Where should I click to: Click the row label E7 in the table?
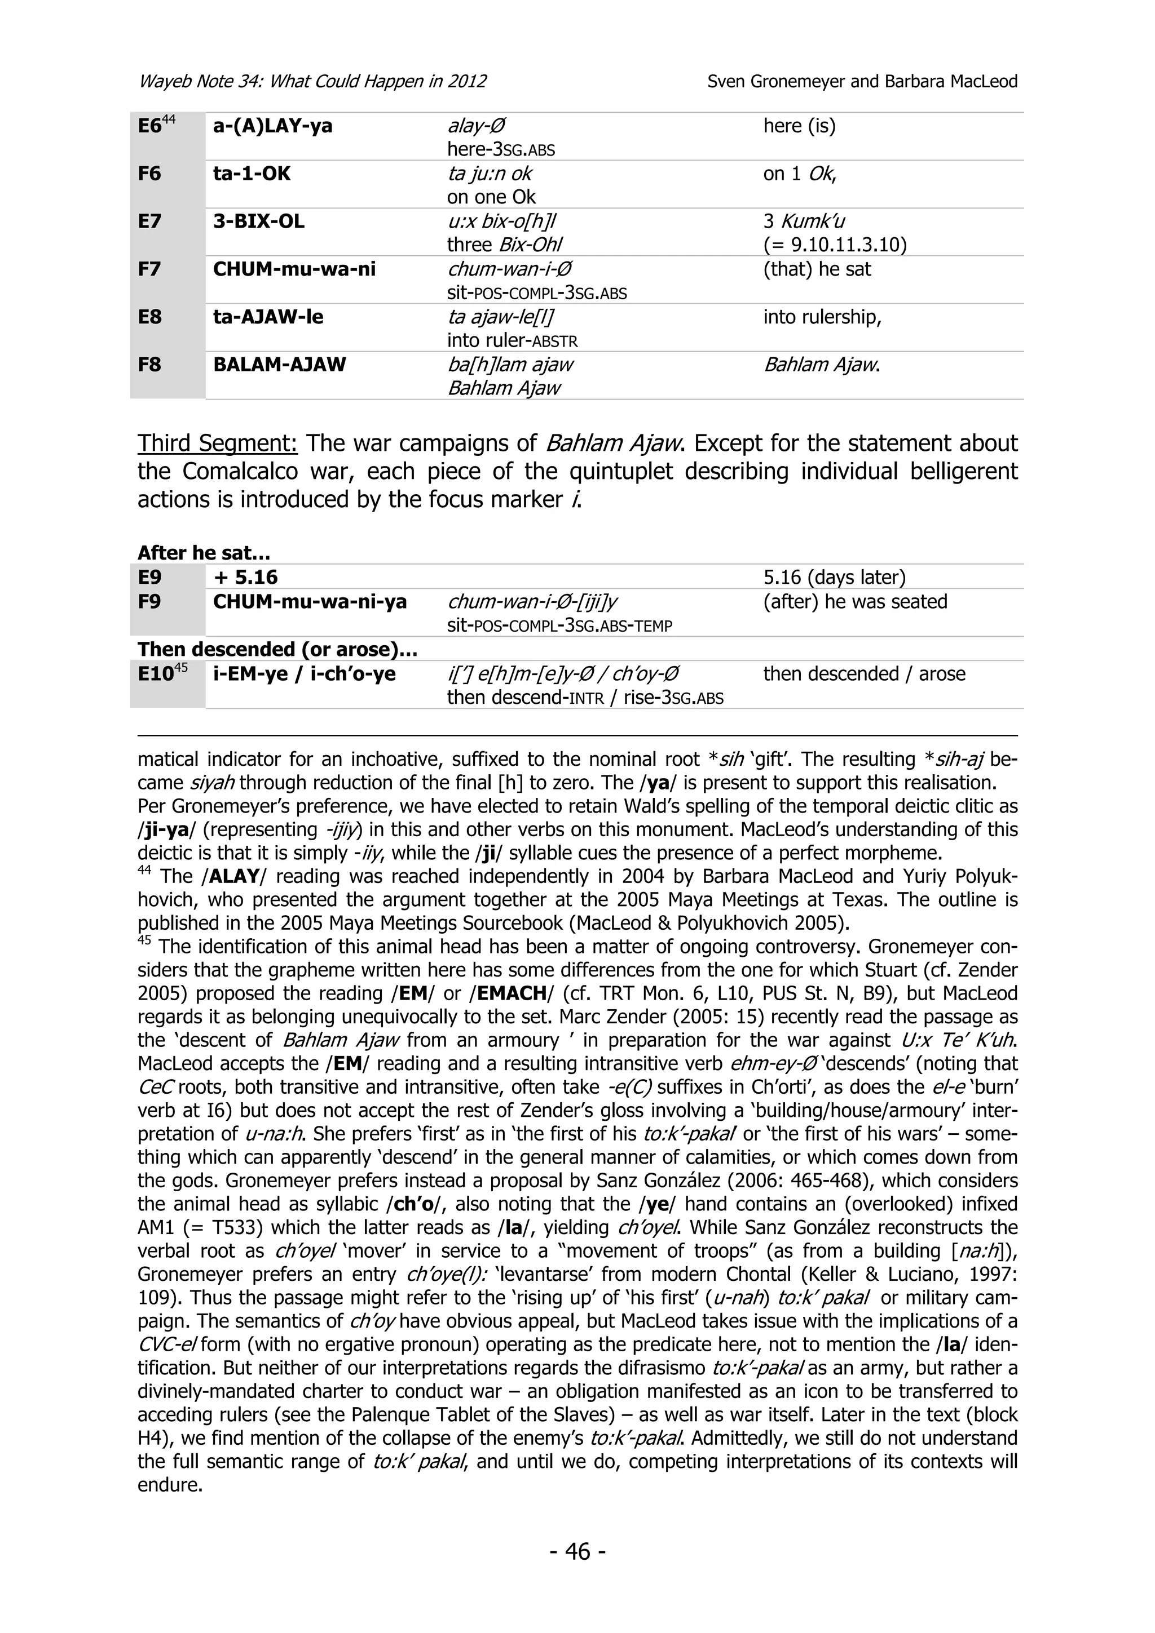[149, 221]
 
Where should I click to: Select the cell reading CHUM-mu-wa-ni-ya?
[310, 602]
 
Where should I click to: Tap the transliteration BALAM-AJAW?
[279, 365]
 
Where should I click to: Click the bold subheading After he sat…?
[204, 553]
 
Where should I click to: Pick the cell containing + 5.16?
[245, 578]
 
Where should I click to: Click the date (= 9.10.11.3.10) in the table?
[835, 245]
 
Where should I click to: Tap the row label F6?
[149, 174]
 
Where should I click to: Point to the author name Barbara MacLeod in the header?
[951, 81]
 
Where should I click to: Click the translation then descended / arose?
[864, 673]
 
